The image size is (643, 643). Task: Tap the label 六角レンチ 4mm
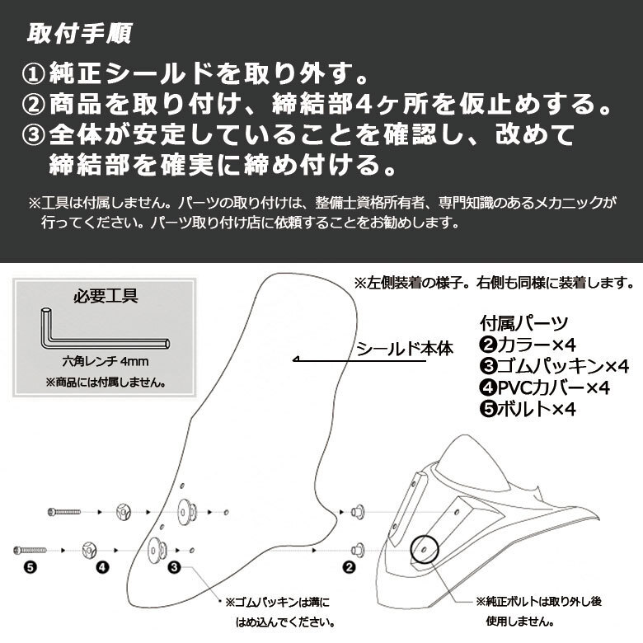(x=101, y=360)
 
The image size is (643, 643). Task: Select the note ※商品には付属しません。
(x=103, y=383)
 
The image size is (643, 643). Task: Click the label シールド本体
(x=405, y=348)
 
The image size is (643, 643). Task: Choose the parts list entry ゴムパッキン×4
(x=554, y=365)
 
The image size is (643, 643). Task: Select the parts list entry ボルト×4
(x=528, y=408)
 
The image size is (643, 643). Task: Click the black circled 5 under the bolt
(x=31, y=566)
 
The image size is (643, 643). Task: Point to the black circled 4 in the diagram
(x=102, y=566)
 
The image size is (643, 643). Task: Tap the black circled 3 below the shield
(x=175, y=566)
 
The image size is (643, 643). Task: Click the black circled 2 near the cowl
(x=349, y=566)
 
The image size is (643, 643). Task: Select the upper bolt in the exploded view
(x=65, y=513)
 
